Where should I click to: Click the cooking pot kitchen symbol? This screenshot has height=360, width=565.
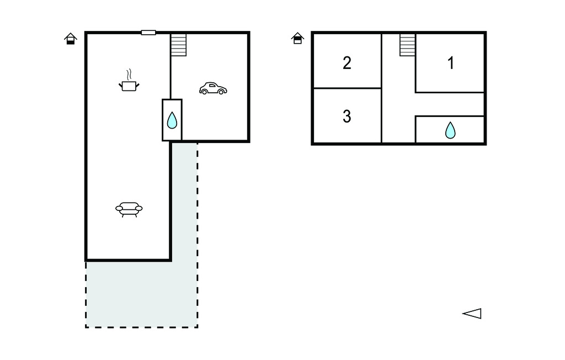click(x=129, y=85)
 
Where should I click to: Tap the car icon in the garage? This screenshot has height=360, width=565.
click(x=213, y=88)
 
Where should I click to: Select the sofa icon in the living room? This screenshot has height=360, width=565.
click(x=129, y=209)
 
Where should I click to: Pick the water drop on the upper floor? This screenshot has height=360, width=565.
click(x=451, y=130)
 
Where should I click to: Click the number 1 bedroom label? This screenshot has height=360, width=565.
click(x=451, y=63)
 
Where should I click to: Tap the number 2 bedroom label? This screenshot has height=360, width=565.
click(x=347, y=63)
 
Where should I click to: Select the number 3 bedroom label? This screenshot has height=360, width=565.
click(x=347, y=117)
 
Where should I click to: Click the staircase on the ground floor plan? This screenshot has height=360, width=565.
click(x=178, y=45)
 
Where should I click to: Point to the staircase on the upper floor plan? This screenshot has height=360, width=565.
click(x=407, y=45)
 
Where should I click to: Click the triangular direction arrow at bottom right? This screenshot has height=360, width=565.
click(x=472, y=314)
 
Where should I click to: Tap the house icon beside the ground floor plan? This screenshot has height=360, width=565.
click(x=70, y=39)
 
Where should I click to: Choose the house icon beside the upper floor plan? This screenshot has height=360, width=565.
click(x=298, y=38)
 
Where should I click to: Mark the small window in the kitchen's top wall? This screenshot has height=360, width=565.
click(x=148, y=33)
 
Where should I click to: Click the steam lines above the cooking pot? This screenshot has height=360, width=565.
click(x=129, y=75)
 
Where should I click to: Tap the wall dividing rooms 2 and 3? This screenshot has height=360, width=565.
click(x=347, y=88)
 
